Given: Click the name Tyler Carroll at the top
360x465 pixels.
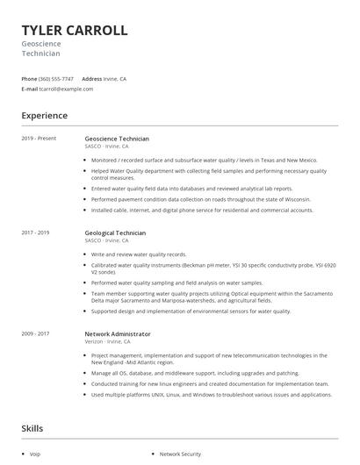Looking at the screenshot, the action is coord(75,30).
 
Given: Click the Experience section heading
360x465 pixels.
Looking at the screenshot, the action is coord(44,115).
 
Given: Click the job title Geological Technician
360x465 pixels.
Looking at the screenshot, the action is coord(115,233).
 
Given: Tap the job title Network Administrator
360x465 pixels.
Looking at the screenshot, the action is coord(118,334).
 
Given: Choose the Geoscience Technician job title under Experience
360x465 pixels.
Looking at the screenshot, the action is coord(117,139).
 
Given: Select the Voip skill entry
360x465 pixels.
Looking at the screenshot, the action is coord(35,454).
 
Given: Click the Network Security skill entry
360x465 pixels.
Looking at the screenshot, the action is coord(181,454).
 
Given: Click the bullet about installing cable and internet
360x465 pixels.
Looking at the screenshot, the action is coord(202,211).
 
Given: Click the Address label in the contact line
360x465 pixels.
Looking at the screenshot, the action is coord(92,78).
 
